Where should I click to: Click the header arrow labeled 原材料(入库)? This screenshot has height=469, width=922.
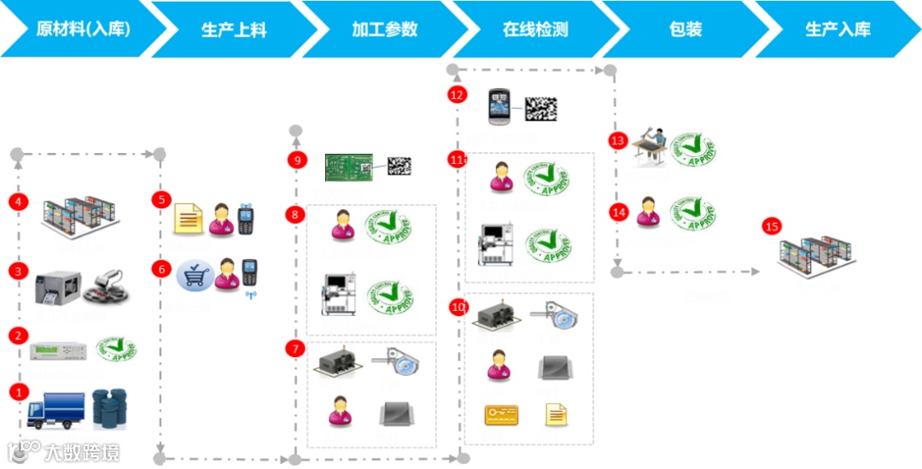point(82,29)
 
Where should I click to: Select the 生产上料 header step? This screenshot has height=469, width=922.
point(233,29)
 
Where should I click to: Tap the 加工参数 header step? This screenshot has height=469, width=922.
point(384,29)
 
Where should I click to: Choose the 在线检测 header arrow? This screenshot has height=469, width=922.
point(535,29)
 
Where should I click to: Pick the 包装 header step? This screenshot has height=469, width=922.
point(686,29)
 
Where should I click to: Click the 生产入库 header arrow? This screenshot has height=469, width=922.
point(837,29)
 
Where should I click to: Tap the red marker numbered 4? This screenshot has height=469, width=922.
point(19,202)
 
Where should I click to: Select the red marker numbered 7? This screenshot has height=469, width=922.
point(295,349)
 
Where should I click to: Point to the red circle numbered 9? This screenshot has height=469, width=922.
point(295,160)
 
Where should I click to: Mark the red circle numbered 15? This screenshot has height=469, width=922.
point(772,226)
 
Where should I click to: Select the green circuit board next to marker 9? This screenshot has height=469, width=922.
point(349,167)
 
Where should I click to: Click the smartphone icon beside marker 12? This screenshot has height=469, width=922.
point(499,108)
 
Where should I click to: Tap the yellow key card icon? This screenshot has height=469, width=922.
point(501,416)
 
